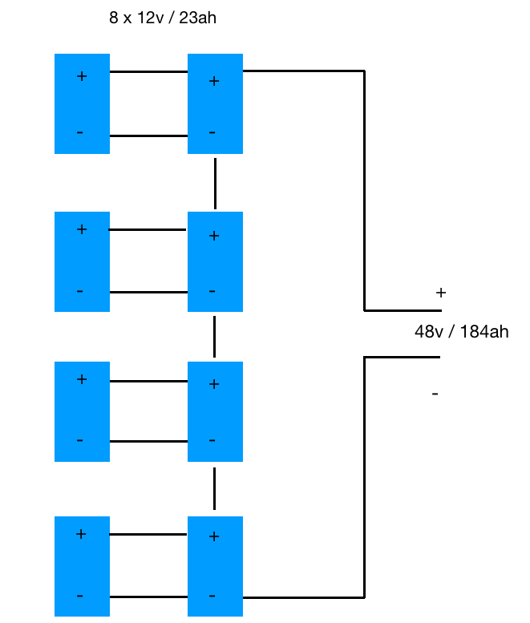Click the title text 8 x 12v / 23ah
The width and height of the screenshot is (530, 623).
tap(163, 18)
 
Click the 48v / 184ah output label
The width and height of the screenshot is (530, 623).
tap(461, 332)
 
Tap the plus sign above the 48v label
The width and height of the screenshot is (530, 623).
tap(440, 293)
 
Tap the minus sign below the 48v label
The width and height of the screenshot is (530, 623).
tap(435, 394)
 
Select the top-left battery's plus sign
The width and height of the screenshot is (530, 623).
tap(81, 77)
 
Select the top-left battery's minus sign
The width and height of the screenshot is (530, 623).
tap(80, 131)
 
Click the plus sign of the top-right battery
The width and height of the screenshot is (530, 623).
tap(213, 81)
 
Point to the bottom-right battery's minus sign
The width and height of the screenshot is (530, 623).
tap(212, 596)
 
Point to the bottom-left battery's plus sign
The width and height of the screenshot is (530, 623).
tap(80, 534)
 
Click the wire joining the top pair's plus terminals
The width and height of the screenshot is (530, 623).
tap(148, 72)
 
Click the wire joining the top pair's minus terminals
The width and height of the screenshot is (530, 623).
tap(148, 136)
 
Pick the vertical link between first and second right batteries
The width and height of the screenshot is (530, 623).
tap(215, 183)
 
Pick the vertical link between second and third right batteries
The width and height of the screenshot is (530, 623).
tap(215, 336)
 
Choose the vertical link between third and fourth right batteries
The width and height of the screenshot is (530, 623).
tap(215, 488)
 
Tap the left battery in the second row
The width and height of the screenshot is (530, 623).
tap(82, 261)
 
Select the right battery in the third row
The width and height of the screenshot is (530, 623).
tap(215, 411)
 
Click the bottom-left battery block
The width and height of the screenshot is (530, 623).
tap(82, 566)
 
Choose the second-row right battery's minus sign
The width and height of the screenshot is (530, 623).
tap(212, 291)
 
